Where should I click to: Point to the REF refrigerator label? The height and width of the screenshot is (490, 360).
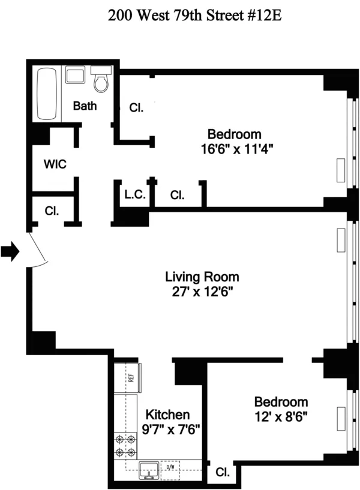coord(130,378)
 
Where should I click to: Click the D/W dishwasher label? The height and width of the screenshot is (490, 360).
coord(170,467)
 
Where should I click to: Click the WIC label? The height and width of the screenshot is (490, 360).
coord(55,164)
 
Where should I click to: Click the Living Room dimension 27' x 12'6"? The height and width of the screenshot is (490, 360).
coord(202,292)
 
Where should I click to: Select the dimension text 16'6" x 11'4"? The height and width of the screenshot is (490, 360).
coord(234,147)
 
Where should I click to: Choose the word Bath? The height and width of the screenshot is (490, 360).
coord(85,106)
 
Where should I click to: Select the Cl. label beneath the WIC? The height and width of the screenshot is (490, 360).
coord(52,211)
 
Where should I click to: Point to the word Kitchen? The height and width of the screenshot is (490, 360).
coord(169,414)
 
